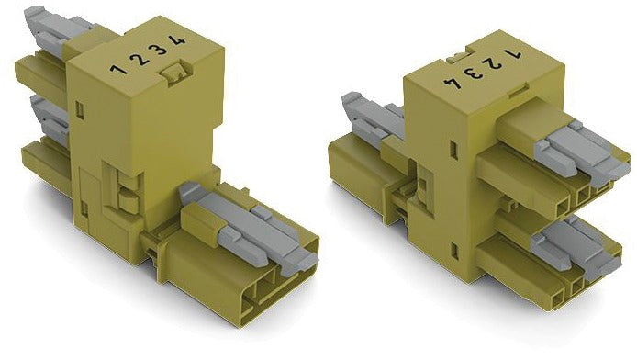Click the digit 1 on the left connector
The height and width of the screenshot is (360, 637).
click(118, 69)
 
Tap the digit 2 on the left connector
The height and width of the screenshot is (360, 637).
click(140, 60)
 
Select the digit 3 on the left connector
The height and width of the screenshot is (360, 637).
click(158, 50)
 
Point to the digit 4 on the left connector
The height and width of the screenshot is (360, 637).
click(177, 40)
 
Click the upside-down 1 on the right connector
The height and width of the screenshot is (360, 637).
click(512, 53)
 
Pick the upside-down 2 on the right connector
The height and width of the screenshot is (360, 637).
click(492, 63)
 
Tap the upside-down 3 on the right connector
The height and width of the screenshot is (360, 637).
click(473, 73)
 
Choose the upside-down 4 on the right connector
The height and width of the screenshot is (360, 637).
click(453, 84)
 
